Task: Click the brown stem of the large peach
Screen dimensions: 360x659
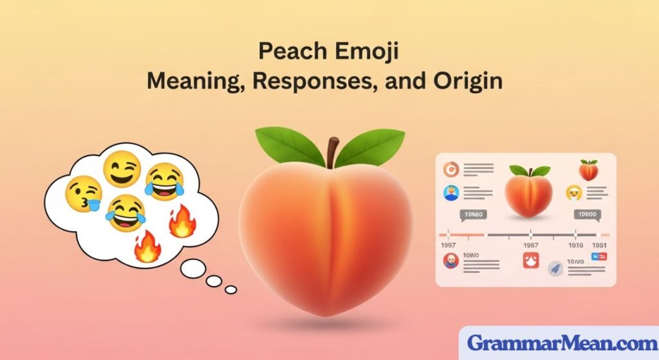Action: click(x=332, y=151)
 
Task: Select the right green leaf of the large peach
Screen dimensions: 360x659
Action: click(x=373, y=144)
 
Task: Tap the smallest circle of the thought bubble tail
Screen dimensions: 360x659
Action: click(x=230, y=289)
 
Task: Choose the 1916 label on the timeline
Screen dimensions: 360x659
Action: click(x=575, y=245)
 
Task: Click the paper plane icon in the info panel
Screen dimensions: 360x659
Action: click(x=554, y=270)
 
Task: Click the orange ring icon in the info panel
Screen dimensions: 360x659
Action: click(x=450, y=169)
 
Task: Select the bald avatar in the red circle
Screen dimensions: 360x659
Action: click(x=450, y=261)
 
